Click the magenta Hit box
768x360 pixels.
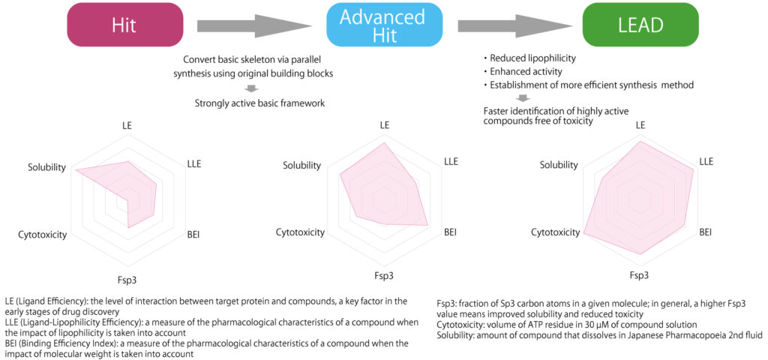[125, 25]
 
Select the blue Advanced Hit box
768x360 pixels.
[382, 25]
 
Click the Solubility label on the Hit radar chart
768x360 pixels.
[46, 166]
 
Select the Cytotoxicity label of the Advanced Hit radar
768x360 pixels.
[300, 232]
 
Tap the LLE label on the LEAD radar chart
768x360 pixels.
[706, 161]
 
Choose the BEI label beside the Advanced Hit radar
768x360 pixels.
[450, 232]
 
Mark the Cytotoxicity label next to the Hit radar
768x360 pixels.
[42, 235]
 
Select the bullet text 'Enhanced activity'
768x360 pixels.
[525, 72]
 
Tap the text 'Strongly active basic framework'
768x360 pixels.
[259, 103]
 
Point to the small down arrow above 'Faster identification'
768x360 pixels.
[523, 98]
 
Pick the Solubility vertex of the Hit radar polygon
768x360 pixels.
[76, 171]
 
